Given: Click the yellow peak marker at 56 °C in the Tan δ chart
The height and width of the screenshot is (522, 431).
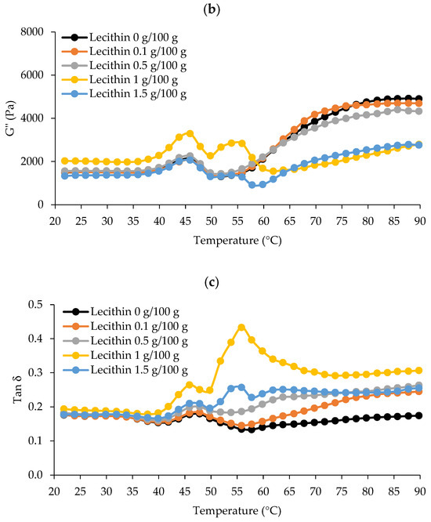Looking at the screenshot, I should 241,328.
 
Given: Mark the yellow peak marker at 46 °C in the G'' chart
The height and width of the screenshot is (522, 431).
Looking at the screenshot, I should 190,133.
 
